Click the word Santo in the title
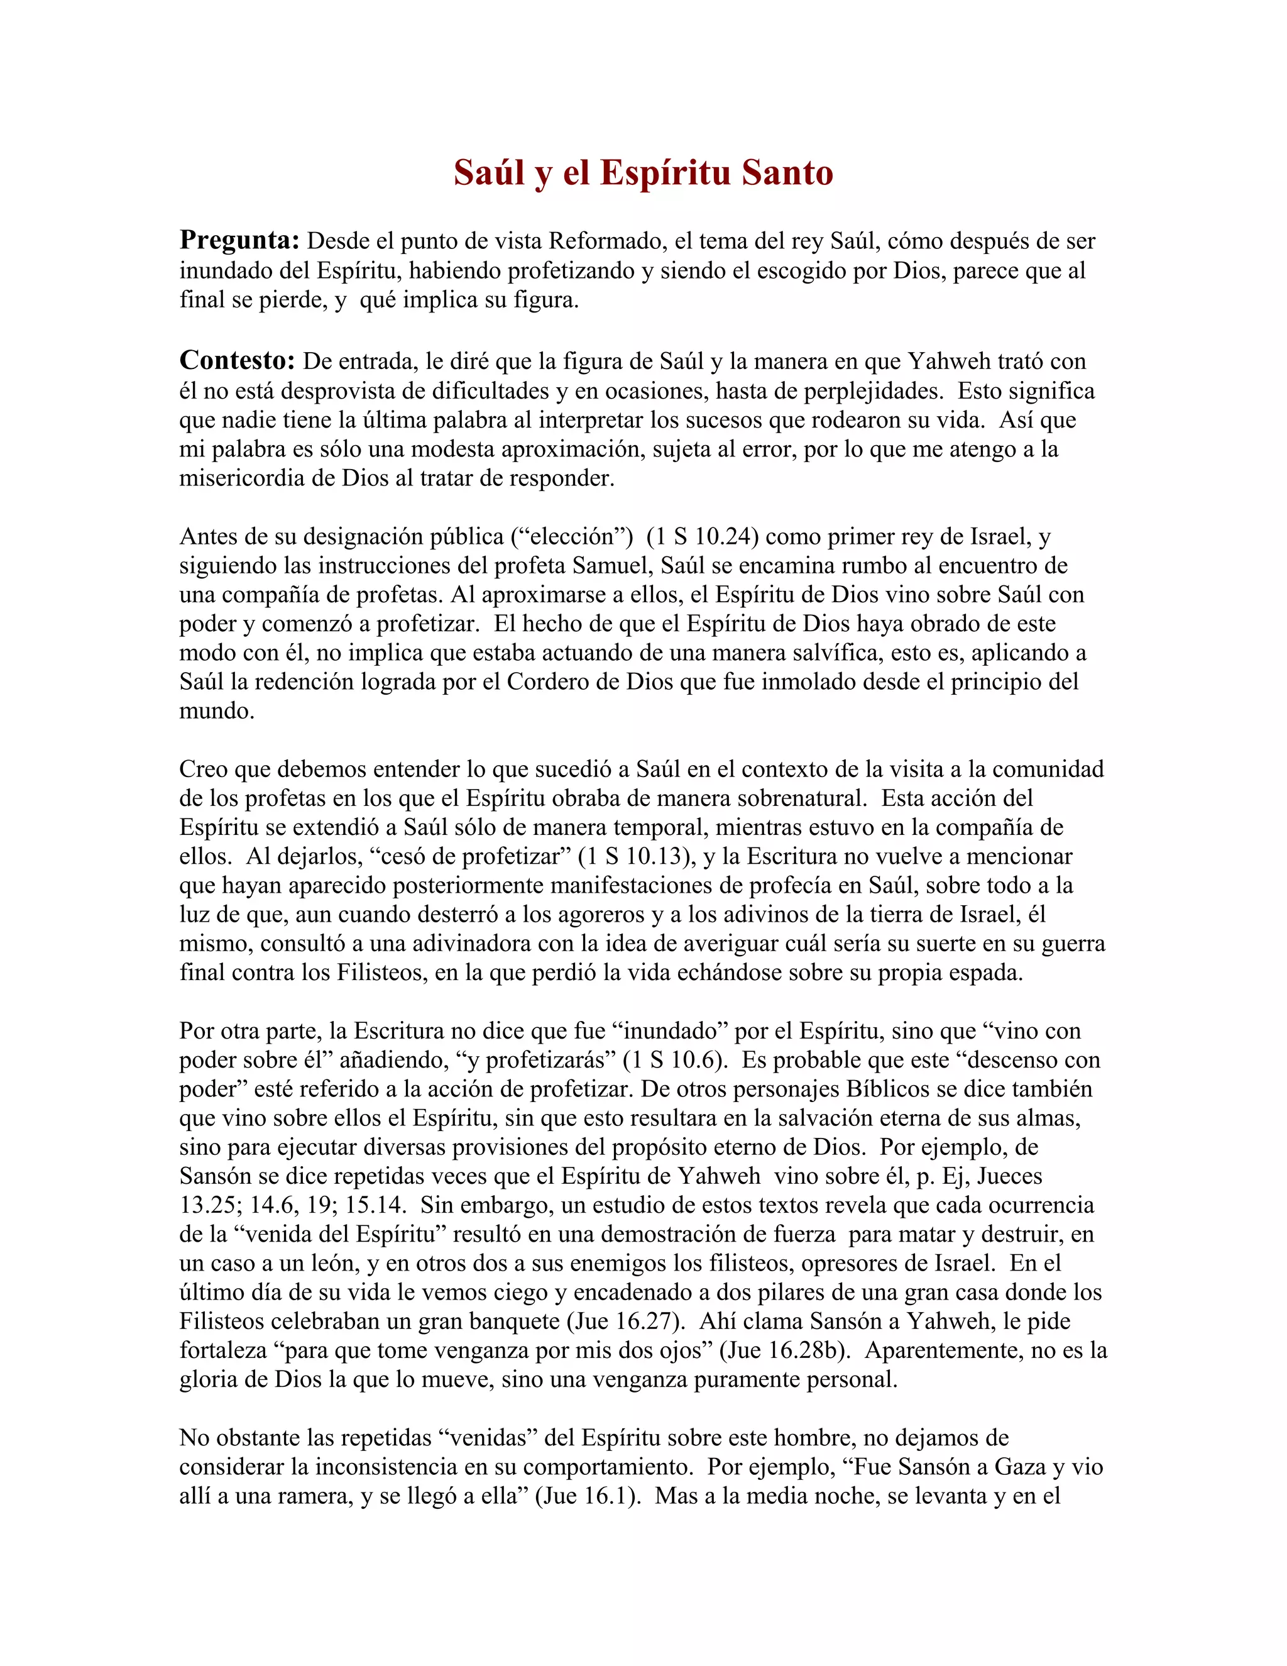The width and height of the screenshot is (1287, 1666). click(787, 172)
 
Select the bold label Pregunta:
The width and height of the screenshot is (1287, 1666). click(239, 241)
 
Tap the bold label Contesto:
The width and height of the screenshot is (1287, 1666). click(237, 361)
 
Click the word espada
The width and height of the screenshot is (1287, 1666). click(984, 973)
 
